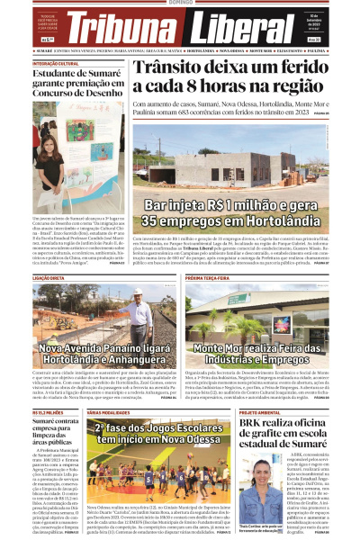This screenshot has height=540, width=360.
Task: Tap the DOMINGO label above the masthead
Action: point(180,4)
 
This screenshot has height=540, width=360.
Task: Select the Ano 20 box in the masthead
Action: point(314,40)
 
